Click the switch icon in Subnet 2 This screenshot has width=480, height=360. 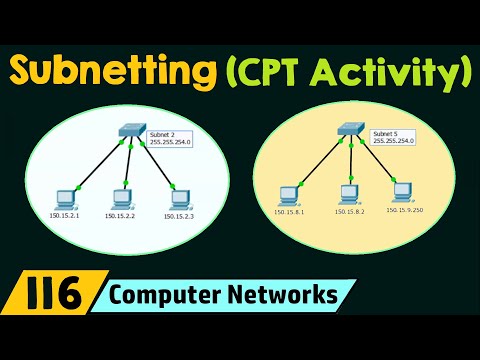click(x=130, y=132)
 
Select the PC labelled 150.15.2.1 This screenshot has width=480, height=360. click(x=66, y=197)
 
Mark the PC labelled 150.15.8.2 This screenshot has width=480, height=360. click(x=347, y=192)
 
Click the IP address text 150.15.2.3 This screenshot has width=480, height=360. click(x=180, y=216)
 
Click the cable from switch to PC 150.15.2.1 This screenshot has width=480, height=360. click(x=97, y=163)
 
